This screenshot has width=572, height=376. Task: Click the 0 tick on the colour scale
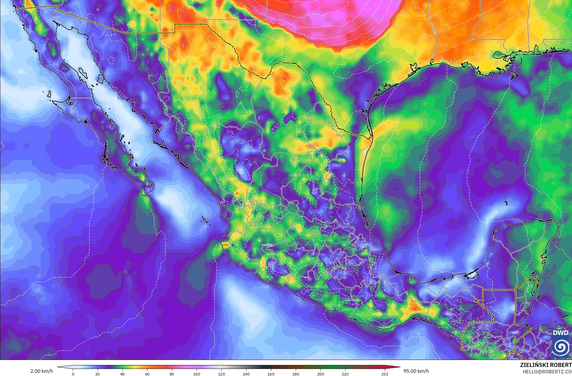(73, 374)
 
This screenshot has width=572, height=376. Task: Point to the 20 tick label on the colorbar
(98, 374)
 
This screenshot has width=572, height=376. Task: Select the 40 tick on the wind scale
(122, 374)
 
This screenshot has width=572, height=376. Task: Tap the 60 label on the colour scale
(147, 374)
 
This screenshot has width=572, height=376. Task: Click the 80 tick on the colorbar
(172, 374)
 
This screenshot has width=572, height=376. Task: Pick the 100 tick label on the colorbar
(197, 374)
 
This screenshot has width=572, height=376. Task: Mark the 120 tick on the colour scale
(222, 374)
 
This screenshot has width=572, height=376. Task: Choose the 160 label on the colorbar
(271, 374)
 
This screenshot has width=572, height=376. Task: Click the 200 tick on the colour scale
(321, 374)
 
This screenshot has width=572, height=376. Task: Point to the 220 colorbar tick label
(345, 374)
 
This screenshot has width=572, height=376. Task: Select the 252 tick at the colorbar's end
(385, 374)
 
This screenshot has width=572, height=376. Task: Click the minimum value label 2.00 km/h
(42, 371)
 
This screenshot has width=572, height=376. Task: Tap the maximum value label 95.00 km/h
(416, 371)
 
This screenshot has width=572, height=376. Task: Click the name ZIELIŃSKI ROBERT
(546, 365)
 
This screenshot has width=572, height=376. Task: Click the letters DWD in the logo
(560, 333)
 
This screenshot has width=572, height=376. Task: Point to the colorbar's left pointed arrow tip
(58, 367)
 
